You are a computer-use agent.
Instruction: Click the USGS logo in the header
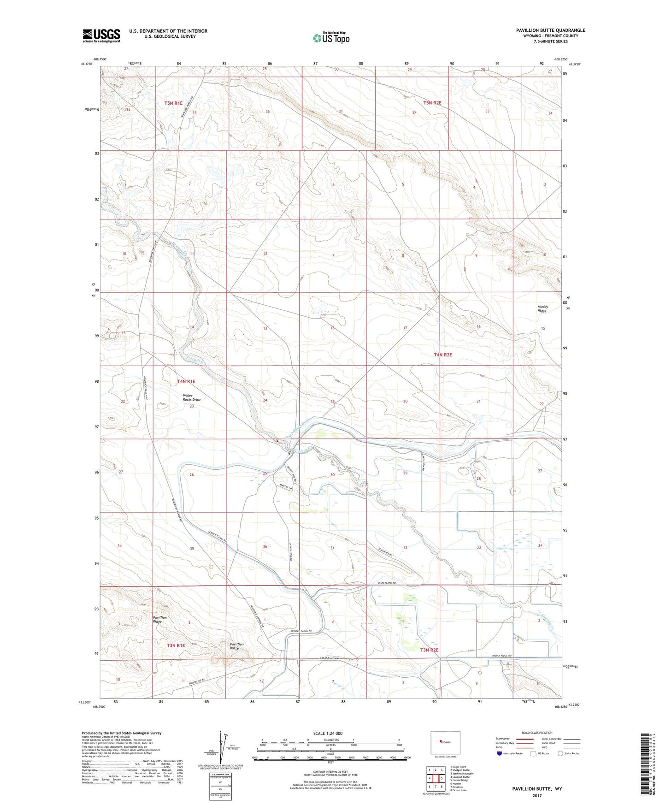tap(101, 35)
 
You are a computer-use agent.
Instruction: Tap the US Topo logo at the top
tap(331, 38)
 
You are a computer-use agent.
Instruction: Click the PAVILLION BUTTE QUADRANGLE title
tap(550, 30)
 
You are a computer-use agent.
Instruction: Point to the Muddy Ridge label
tap(542, 308)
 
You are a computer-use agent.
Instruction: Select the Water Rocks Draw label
tap(191, 397)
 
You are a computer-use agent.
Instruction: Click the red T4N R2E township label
tap(443, 355)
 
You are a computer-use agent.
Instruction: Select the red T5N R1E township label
tap(174, 103)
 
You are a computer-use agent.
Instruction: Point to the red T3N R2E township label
tap(429, 650)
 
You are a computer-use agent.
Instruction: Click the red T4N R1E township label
tap(186, 381)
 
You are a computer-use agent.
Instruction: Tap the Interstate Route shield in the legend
tap(500, 753)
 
